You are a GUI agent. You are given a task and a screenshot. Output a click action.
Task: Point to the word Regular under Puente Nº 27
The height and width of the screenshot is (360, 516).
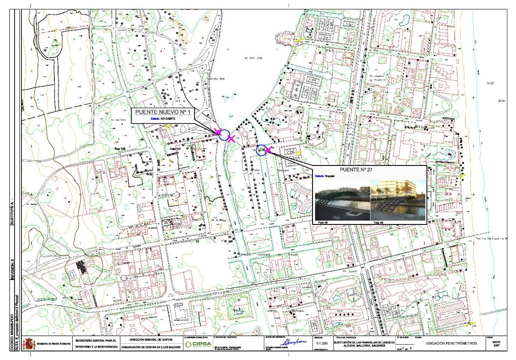pos(330,176)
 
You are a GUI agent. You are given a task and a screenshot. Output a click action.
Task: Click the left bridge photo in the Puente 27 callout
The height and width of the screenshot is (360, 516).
pos(342,201)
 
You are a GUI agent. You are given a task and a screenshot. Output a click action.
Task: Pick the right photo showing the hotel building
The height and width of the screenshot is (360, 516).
pos(398,201)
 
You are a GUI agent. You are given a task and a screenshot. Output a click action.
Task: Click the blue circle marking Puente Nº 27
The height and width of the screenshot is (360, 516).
pos(261,150)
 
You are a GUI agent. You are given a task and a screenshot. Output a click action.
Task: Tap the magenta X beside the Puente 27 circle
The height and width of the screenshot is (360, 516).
pos(268,149)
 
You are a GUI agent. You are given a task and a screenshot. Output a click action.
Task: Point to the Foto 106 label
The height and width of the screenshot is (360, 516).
pos(120,149)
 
